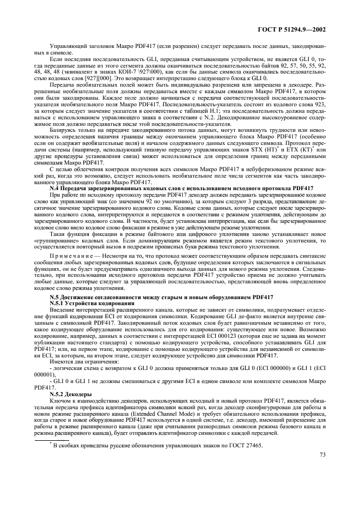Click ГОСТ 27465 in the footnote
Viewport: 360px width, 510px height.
click(x=243, y=446)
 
